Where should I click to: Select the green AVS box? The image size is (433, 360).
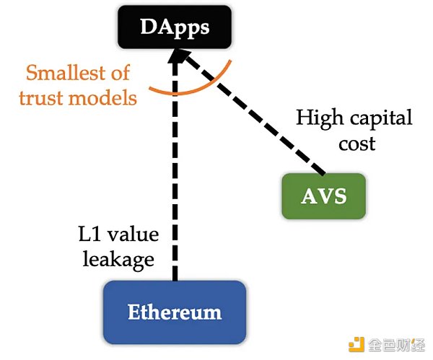(323, 196)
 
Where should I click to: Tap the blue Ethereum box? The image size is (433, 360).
(174, 312)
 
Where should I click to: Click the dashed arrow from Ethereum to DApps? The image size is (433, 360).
(173, 180)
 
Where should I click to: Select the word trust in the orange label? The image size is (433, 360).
(40, 97)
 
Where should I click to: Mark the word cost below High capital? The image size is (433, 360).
(357, 143)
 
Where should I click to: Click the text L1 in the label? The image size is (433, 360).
(89, 234)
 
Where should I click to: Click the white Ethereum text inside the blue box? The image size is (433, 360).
(174, 312)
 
